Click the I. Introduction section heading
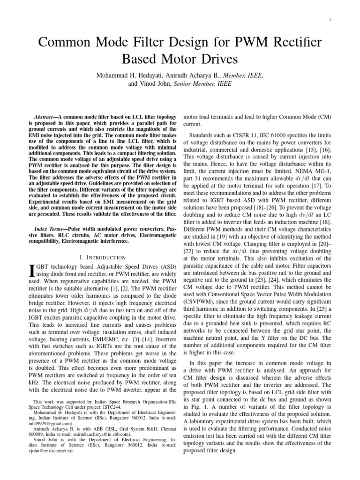(103, 257)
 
